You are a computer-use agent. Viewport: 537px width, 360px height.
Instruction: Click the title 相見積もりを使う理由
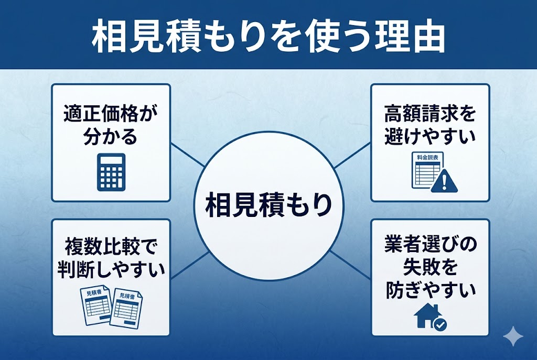(x=268, y=36)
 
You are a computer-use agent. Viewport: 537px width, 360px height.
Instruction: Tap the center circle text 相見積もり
(x=268, y=204)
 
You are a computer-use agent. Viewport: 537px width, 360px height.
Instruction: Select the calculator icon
(x=111, y=172)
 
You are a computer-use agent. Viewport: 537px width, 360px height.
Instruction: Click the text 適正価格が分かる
(x=111, y=125)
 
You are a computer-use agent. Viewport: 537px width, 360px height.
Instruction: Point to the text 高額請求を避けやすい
(x=430, y=125)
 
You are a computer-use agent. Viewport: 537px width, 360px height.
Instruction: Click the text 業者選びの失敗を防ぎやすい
(x=430, y=268)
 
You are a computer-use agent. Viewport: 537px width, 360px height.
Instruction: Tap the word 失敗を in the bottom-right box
(x=430, y=268)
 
